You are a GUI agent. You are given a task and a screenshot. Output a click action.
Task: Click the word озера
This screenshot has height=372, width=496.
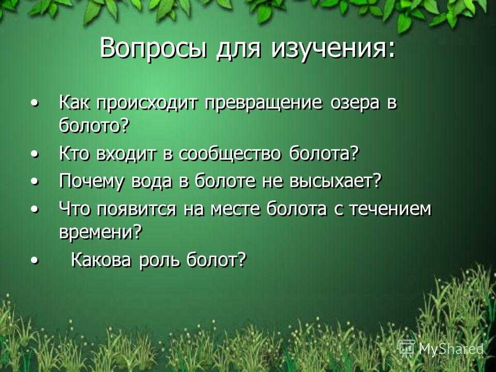[354, 104]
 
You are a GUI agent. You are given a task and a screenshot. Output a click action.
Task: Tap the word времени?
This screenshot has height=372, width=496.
[100, 233]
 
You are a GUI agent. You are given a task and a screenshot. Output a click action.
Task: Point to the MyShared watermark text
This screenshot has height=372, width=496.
[451, 349]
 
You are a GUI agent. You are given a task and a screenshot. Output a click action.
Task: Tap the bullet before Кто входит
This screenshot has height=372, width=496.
[36, 154]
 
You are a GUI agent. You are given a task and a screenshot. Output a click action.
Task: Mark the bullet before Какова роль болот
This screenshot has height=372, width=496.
[36, 260]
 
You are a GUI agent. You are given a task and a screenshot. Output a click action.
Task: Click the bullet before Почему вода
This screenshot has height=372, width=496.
[36, 182]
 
